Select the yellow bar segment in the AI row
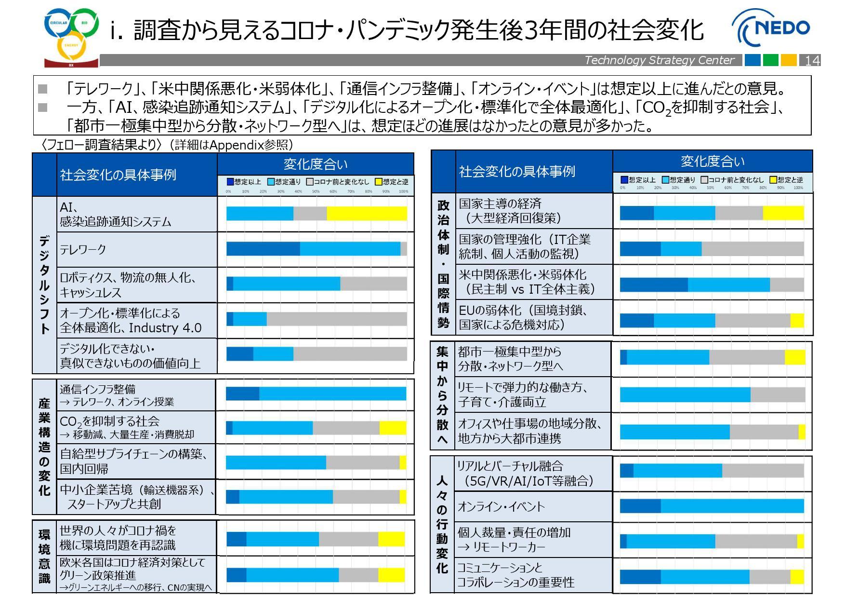coord(367,213)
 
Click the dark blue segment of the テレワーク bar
coord(263,249)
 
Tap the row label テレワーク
coord(83,249)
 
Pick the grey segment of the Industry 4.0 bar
coord(336,319)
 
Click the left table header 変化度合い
coord(315,164)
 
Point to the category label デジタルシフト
coord(44,285)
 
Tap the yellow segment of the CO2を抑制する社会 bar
coord(392,428)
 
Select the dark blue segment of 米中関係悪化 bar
coord(653,285)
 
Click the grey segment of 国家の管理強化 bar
coord(752,249)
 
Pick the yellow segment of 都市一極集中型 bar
coord(794,357)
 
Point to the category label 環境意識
coord(44,556)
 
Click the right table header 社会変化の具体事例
coord(517,171)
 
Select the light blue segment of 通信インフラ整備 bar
coord(332,394)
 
